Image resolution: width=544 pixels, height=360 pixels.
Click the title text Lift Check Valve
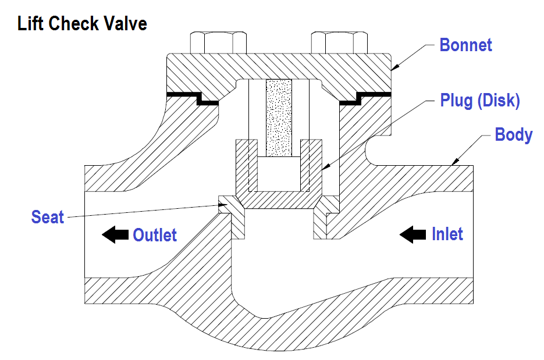click(x=82, y=24)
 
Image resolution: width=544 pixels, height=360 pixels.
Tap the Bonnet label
click(x=465, y=45)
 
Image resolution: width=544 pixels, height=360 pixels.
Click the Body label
click(x=513, y=135)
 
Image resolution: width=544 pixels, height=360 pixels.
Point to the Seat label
click(x=47, y=218)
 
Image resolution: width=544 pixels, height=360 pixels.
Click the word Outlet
click(x=155, y=235)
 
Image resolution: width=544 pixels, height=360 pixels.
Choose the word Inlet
click(x=447, y=234)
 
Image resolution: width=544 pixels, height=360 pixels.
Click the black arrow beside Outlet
click(x=115, y=235)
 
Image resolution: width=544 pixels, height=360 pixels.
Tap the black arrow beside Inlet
click(x=413, y=234)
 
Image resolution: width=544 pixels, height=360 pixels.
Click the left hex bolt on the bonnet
click(x=218, y=42)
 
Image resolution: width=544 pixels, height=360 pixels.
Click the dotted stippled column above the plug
click(x=278, y=116)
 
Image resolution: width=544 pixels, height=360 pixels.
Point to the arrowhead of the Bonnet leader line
click(x=393, y=68)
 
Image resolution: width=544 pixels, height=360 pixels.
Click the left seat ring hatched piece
click(x=232, y=215)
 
